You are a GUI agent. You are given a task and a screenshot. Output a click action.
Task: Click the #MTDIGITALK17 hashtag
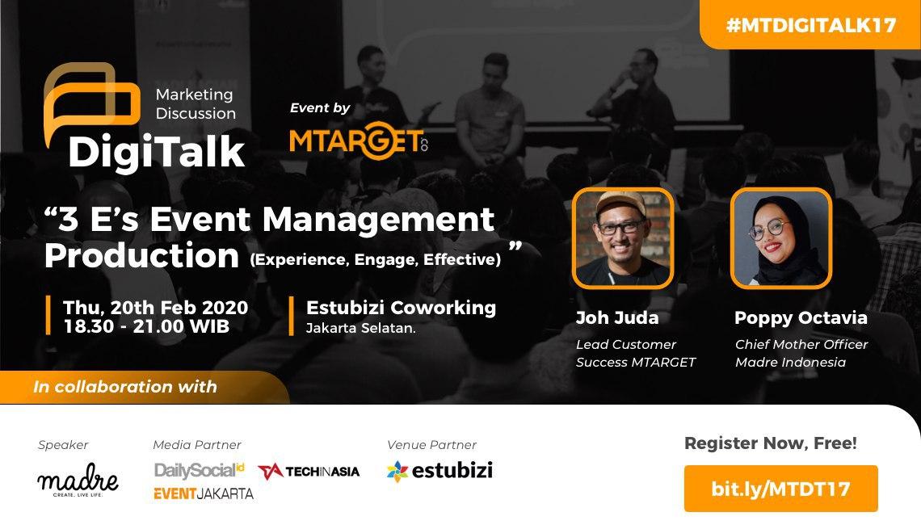810,24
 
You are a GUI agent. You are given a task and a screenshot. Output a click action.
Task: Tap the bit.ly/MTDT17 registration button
780,488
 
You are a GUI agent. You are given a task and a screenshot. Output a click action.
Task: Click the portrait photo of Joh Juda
622,238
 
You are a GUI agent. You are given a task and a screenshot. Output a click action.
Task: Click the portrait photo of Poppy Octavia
780,238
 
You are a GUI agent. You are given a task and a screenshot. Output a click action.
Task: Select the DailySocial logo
199,470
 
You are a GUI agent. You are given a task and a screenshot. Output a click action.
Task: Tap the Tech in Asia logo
309,471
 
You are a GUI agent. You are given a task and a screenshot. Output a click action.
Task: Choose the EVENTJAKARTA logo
203,493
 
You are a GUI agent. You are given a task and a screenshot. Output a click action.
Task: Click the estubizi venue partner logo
439,471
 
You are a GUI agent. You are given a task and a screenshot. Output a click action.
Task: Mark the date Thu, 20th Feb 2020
155,308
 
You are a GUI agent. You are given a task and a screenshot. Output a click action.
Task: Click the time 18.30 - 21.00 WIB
145,326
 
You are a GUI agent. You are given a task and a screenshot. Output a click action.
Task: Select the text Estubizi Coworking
401,308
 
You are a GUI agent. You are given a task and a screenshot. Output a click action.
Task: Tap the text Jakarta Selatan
361,328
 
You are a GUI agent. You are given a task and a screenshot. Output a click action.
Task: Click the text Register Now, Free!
770,443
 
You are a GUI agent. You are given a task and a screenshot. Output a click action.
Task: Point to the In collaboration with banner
125,387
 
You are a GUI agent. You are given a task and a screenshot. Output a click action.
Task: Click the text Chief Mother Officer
801,344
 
